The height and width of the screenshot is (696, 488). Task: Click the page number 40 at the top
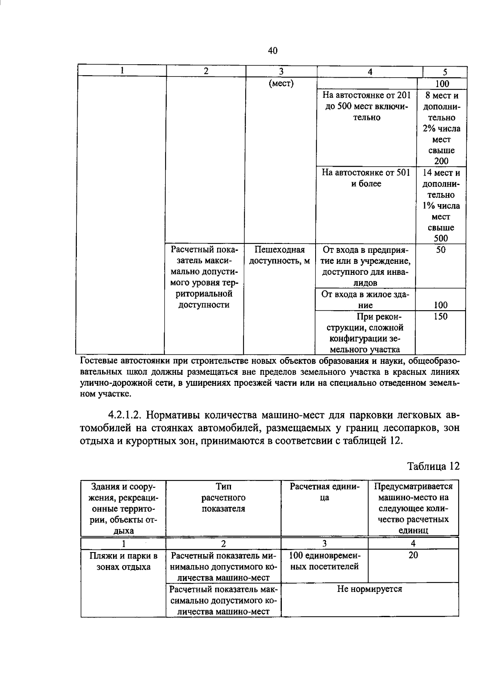(272, 51)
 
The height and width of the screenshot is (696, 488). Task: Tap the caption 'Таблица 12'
(434, 466)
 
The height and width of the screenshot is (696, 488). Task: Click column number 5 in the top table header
(445, 72)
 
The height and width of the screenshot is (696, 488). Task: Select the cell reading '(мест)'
(281, 84)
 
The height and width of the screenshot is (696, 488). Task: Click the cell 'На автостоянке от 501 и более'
(366, 178)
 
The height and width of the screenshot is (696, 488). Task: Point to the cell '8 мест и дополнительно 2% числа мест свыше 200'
(441, 128)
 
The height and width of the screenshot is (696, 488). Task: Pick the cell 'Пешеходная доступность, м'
(279, 255)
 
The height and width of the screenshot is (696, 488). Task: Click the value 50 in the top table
(441, 250)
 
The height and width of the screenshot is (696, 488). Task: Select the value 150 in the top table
(440, 317)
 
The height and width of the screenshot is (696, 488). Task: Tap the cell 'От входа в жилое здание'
(366, 300)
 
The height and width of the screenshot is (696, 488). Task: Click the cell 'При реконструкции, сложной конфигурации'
(366, 333)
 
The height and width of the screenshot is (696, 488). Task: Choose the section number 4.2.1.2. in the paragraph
(124, 415)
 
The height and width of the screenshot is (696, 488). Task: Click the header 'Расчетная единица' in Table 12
(325, 492)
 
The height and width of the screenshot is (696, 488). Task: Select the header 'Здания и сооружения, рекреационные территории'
(124, 508)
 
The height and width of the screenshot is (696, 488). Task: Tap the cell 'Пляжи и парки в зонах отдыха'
(124, 561)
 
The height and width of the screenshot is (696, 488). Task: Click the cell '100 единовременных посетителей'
(325, 561)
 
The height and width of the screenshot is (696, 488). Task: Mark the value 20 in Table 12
(413, 555)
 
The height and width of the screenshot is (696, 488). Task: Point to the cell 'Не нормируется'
(369, 589)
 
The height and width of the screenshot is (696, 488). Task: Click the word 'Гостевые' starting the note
(97, 361)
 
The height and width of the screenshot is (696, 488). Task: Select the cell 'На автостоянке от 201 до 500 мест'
(366, 107)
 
